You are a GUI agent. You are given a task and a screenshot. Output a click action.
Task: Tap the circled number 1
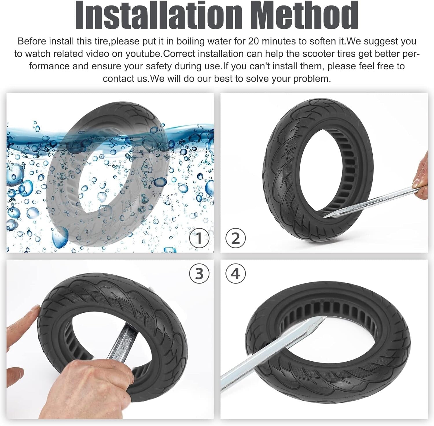(x=199, y=239)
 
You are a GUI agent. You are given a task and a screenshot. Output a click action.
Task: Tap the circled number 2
(x=236, y=239)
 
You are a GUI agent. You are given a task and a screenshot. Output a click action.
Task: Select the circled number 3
(x=199, y=273)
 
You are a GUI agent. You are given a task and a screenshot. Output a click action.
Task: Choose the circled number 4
(x=236, y=273)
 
